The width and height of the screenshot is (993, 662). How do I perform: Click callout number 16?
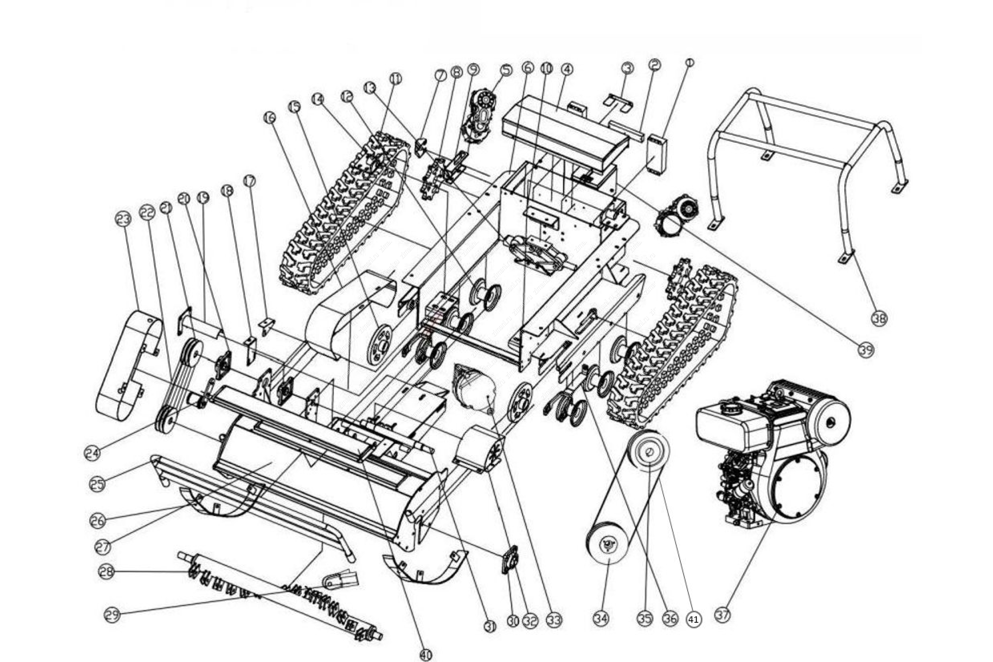point(269,118)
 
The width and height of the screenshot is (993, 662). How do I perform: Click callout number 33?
point(554,620)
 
